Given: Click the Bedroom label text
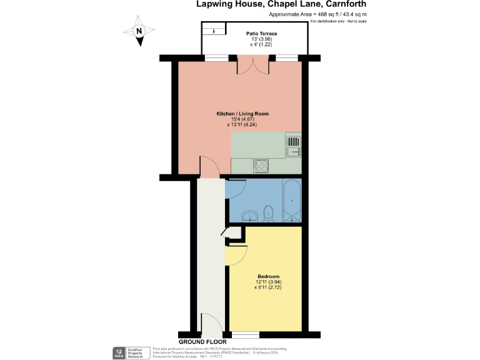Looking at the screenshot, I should tap(268, 276).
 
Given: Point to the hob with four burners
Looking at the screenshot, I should tap(261, 166).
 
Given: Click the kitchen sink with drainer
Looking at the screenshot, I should tap(294, 147).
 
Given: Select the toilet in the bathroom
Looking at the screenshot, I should tap(269, 213).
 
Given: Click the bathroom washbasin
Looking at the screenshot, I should tap(251, 217).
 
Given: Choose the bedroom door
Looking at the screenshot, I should tap(237, 254).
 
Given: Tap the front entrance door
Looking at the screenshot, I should tap(211, 325).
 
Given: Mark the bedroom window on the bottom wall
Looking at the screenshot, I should tap(246, 335).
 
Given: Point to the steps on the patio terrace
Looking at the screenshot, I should tap(213, 29).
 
